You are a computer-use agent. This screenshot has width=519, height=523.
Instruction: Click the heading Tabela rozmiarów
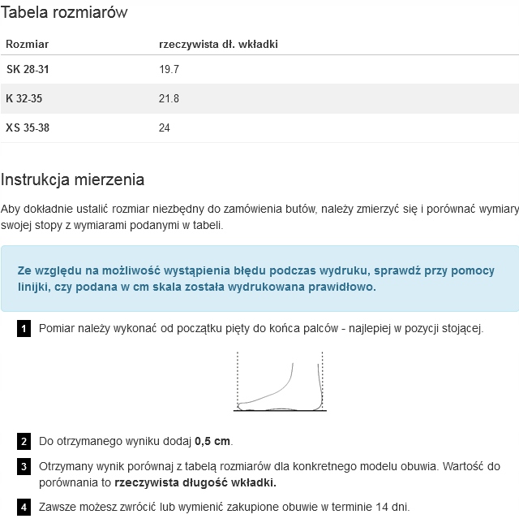pyautogui.click(x=64, y=13)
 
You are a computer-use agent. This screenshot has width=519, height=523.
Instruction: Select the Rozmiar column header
pyautogui.click(x=28, y=44)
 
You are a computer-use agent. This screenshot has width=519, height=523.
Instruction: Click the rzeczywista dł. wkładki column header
pyautogui.click(x=218, y=44)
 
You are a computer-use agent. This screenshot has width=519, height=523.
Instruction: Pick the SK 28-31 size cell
pyautogui.click(x=28, y=70)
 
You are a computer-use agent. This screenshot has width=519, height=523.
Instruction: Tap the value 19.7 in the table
pyautogui.click(x=169, y=70)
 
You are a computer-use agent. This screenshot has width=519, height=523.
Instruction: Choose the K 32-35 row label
pyautogui.click(x=24, y=99)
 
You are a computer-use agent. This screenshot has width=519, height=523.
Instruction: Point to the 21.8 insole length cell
pyautogui.click(x=169, y=99)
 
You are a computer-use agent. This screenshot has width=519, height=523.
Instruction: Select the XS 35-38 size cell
pyautogui.click(x=28, y=128)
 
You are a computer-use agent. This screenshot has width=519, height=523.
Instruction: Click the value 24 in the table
pyautogui.click(x=165, y=128)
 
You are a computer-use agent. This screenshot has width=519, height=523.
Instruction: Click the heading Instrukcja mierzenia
pyautogui.click(x=72, y=179)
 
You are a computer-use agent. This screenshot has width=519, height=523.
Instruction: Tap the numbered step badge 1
pyautogui.click(x=24, y=329)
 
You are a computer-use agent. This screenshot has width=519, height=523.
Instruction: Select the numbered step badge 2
pyautogui.click(x=24, y=442)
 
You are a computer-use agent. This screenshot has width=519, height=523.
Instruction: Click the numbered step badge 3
pyautogui.click(x=24, y=467)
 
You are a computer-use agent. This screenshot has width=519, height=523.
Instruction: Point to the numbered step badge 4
pyautogui.click(x=24, y=508)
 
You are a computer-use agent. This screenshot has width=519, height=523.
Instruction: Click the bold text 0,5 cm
pyautogui.click(x=212, y=442)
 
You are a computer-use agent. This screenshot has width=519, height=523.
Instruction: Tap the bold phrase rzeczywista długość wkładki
pyautogui.click(x=195, y=482)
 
